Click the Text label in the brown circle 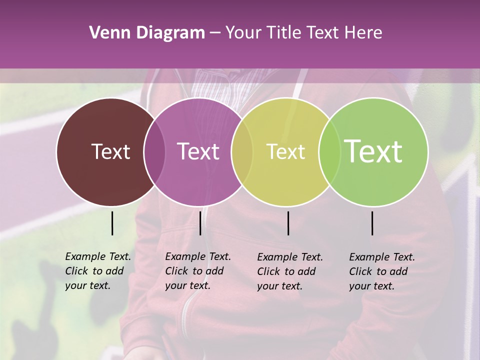click(110, 151)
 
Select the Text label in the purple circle click(198, 151)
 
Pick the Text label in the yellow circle click(285, 151)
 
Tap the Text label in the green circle click(373, 151)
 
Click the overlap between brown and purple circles click(154, 152)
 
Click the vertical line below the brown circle click(112, 223)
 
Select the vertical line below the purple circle click(200, 223)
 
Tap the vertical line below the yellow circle click(288, 223)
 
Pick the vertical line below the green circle click(372, 223)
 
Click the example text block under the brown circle click(97, 271)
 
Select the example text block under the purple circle click(197, 271)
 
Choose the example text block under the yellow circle click(289, 271)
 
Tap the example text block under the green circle click(381, 271)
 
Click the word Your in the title click(243, 33)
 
